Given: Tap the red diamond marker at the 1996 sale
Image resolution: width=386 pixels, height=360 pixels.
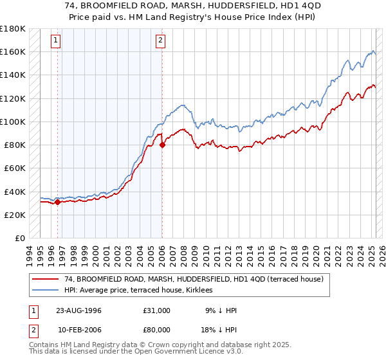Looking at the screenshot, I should click(58, 202).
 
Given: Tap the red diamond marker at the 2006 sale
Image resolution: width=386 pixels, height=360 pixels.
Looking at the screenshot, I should click(162, 145).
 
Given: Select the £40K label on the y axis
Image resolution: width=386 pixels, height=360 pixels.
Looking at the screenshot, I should click(15, 192).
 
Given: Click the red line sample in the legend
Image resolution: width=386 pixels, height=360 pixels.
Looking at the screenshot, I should click(45, 279).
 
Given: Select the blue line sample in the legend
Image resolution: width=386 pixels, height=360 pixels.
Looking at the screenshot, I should click(45, 291).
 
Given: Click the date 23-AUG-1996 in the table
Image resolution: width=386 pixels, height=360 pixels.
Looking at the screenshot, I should click(78, 310).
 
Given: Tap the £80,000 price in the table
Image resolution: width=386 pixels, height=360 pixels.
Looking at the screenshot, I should click(157, 330).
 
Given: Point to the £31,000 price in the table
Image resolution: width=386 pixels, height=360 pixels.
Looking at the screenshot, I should click(157, 310).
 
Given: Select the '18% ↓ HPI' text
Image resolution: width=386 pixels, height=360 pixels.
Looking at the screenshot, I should click(219, 330).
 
